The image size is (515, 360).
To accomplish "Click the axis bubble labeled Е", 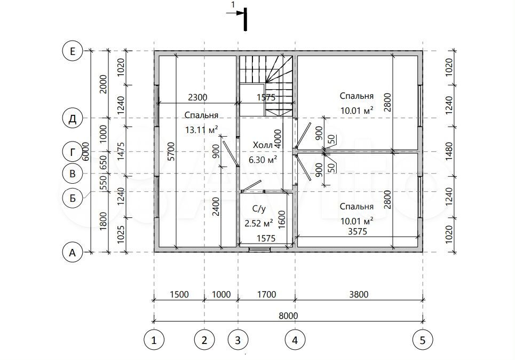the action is [x=72, y=51].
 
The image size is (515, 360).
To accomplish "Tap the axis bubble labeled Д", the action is [x=72, y=119].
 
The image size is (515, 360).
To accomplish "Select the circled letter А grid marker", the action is [x=72, y=253].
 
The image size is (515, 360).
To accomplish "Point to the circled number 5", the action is [x=423, y=340].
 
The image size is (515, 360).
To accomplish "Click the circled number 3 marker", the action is [x=238, y=340].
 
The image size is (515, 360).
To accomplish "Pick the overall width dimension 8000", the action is [x=288, y=316].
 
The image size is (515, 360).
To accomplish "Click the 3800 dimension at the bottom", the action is [x=359, y=294].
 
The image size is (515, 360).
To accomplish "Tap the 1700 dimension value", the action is [x=267, y=294].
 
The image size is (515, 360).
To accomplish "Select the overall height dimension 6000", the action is [x=85, y=152].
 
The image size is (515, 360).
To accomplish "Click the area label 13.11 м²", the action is [x=202, y=130].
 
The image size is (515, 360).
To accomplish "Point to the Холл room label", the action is [x=263, y=145].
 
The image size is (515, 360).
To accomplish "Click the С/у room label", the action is [x=259, y=208].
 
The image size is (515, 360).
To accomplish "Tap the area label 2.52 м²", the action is [x=259, y=223].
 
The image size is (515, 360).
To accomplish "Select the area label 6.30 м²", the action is [x=263, y=160].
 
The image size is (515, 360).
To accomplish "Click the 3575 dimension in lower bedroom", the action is [x=358, y=231].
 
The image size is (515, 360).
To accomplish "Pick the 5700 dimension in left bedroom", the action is [x=171, y=152].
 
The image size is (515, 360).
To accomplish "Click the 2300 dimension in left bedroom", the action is [x=197, y=97].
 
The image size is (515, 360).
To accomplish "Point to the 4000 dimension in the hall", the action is [x=278, y=139].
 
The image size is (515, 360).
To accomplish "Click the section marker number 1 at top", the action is [x=233, y=5].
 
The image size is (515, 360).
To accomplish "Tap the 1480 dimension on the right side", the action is [x=449, y=152].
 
